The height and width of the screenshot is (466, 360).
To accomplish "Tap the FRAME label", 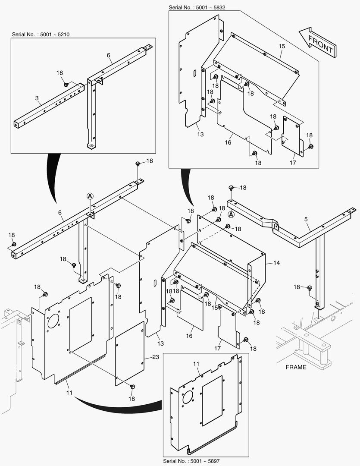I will coord(296,367).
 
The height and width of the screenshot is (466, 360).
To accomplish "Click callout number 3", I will coord(38,98).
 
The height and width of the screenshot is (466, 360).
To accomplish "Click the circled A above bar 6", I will coord(90,195).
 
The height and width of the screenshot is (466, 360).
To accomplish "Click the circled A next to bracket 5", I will coord(231,214).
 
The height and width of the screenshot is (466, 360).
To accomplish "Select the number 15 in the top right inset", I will coord(282,45).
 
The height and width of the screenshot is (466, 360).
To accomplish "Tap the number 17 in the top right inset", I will coord(293,163).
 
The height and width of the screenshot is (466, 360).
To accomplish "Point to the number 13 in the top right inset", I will coord(200,134).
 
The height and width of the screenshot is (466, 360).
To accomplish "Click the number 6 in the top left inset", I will coord(109,55).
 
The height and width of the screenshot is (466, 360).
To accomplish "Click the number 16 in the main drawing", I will coord(189,336).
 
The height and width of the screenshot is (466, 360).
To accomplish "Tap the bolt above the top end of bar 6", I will coord(138,164).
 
